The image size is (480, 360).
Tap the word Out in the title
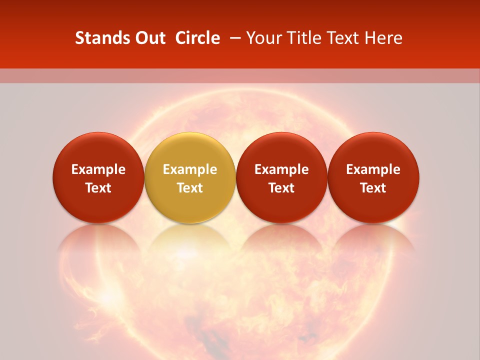tap(149, 38)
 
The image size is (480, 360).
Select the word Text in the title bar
tap(344, 38)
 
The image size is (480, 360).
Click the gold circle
tap(190, 177)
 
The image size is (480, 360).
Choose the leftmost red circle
tap(98, 177)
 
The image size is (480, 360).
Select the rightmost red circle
tap(373, 177)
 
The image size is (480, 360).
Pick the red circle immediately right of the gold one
tap(281, 177)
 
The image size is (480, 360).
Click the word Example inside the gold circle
tap(190, 169)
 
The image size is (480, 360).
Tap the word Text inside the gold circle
tap(190, 188)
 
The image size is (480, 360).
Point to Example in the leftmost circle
tap(98, 169)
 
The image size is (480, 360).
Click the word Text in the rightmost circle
tap(373, 188)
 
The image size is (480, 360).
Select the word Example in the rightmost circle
tap(373, 169)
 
